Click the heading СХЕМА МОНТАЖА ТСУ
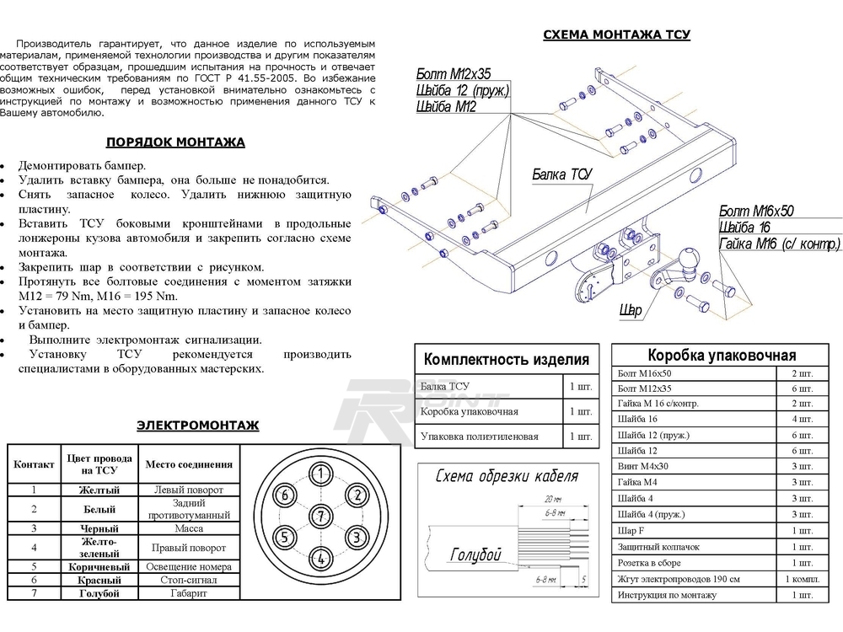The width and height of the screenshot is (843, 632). pos(616,35)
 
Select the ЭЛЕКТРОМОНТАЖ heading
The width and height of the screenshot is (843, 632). pos(197,426)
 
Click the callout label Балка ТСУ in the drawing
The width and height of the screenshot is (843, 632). pos(562,174)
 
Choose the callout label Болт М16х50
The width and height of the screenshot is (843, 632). pos(757,211)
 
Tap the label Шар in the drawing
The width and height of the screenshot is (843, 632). pos(631,311)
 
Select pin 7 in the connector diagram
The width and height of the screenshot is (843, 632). pos(321,516)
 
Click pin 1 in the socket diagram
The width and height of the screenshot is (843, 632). pos(321,474)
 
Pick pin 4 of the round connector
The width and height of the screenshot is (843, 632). pos(321,557)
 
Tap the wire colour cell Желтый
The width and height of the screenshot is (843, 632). pos(99,490)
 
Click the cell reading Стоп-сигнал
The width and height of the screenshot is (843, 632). pos(189,581)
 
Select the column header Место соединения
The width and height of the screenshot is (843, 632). pos(189,464)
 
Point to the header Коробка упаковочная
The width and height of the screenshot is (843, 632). pos(721,356)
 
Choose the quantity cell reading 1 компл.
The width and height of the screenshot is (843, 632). pos(800,579)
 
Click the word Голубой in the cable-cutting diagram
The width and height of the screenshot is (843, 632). pos(475,554)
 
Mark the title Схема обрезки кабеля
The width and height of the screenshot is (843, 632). pos(506,477)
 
